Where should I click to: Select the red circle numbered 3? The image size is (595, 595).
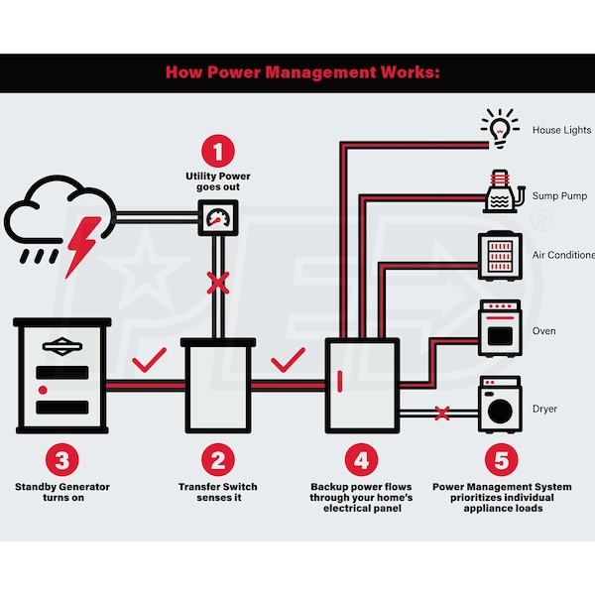coord(61,460)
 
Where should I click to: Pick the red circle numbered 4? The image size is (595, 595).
coord(361,460)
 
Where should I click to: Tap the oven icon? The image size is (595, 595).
coord(499,328)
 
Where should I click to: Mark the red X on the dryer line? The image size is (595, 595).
coord(442,411)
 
